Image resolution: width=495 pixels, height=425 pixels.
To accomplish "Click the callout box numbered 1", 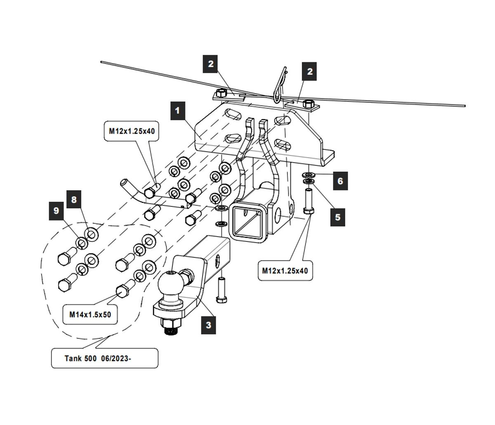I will pos(178,111).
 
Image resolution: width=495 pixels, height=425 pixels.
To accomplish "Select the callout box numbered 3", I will pos(208,325).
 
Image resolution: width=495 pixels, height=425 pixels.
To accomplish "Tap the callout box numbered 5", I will pos(338,217).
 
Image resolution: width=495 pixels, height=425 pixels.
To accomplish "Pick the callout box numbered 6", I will pos(340,181).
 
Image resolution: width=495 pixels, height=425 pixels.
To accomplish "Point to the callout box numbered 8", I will pos(74,200).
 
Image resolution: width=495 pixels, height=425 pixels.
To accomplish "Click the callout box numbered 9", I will pos(56,210).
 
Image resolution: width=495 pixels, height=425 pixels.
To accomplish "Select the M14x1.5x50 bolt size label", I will pos(90,314).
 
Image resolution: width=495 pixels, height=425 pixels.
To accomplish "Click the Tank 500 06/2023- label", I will pos(104,358).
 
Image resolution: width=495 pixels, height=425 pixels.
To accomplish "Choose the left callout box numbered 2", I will pos(211,64).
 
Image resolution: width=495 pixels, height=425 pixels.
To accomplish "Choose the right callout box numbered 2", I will pos(310,71).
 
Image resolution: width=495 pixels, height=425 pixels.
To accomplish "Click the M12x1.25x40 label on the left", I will pos(132,132).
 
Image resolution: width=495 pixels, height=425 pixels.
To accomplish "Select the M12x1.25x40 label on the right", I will pos(285,271).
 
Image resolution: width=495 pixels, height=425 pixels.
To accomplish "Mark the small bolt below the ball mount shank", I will pos(222,291).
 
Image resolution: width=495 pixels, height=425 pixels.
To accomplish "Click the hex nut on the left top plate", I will pos(220,92).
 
